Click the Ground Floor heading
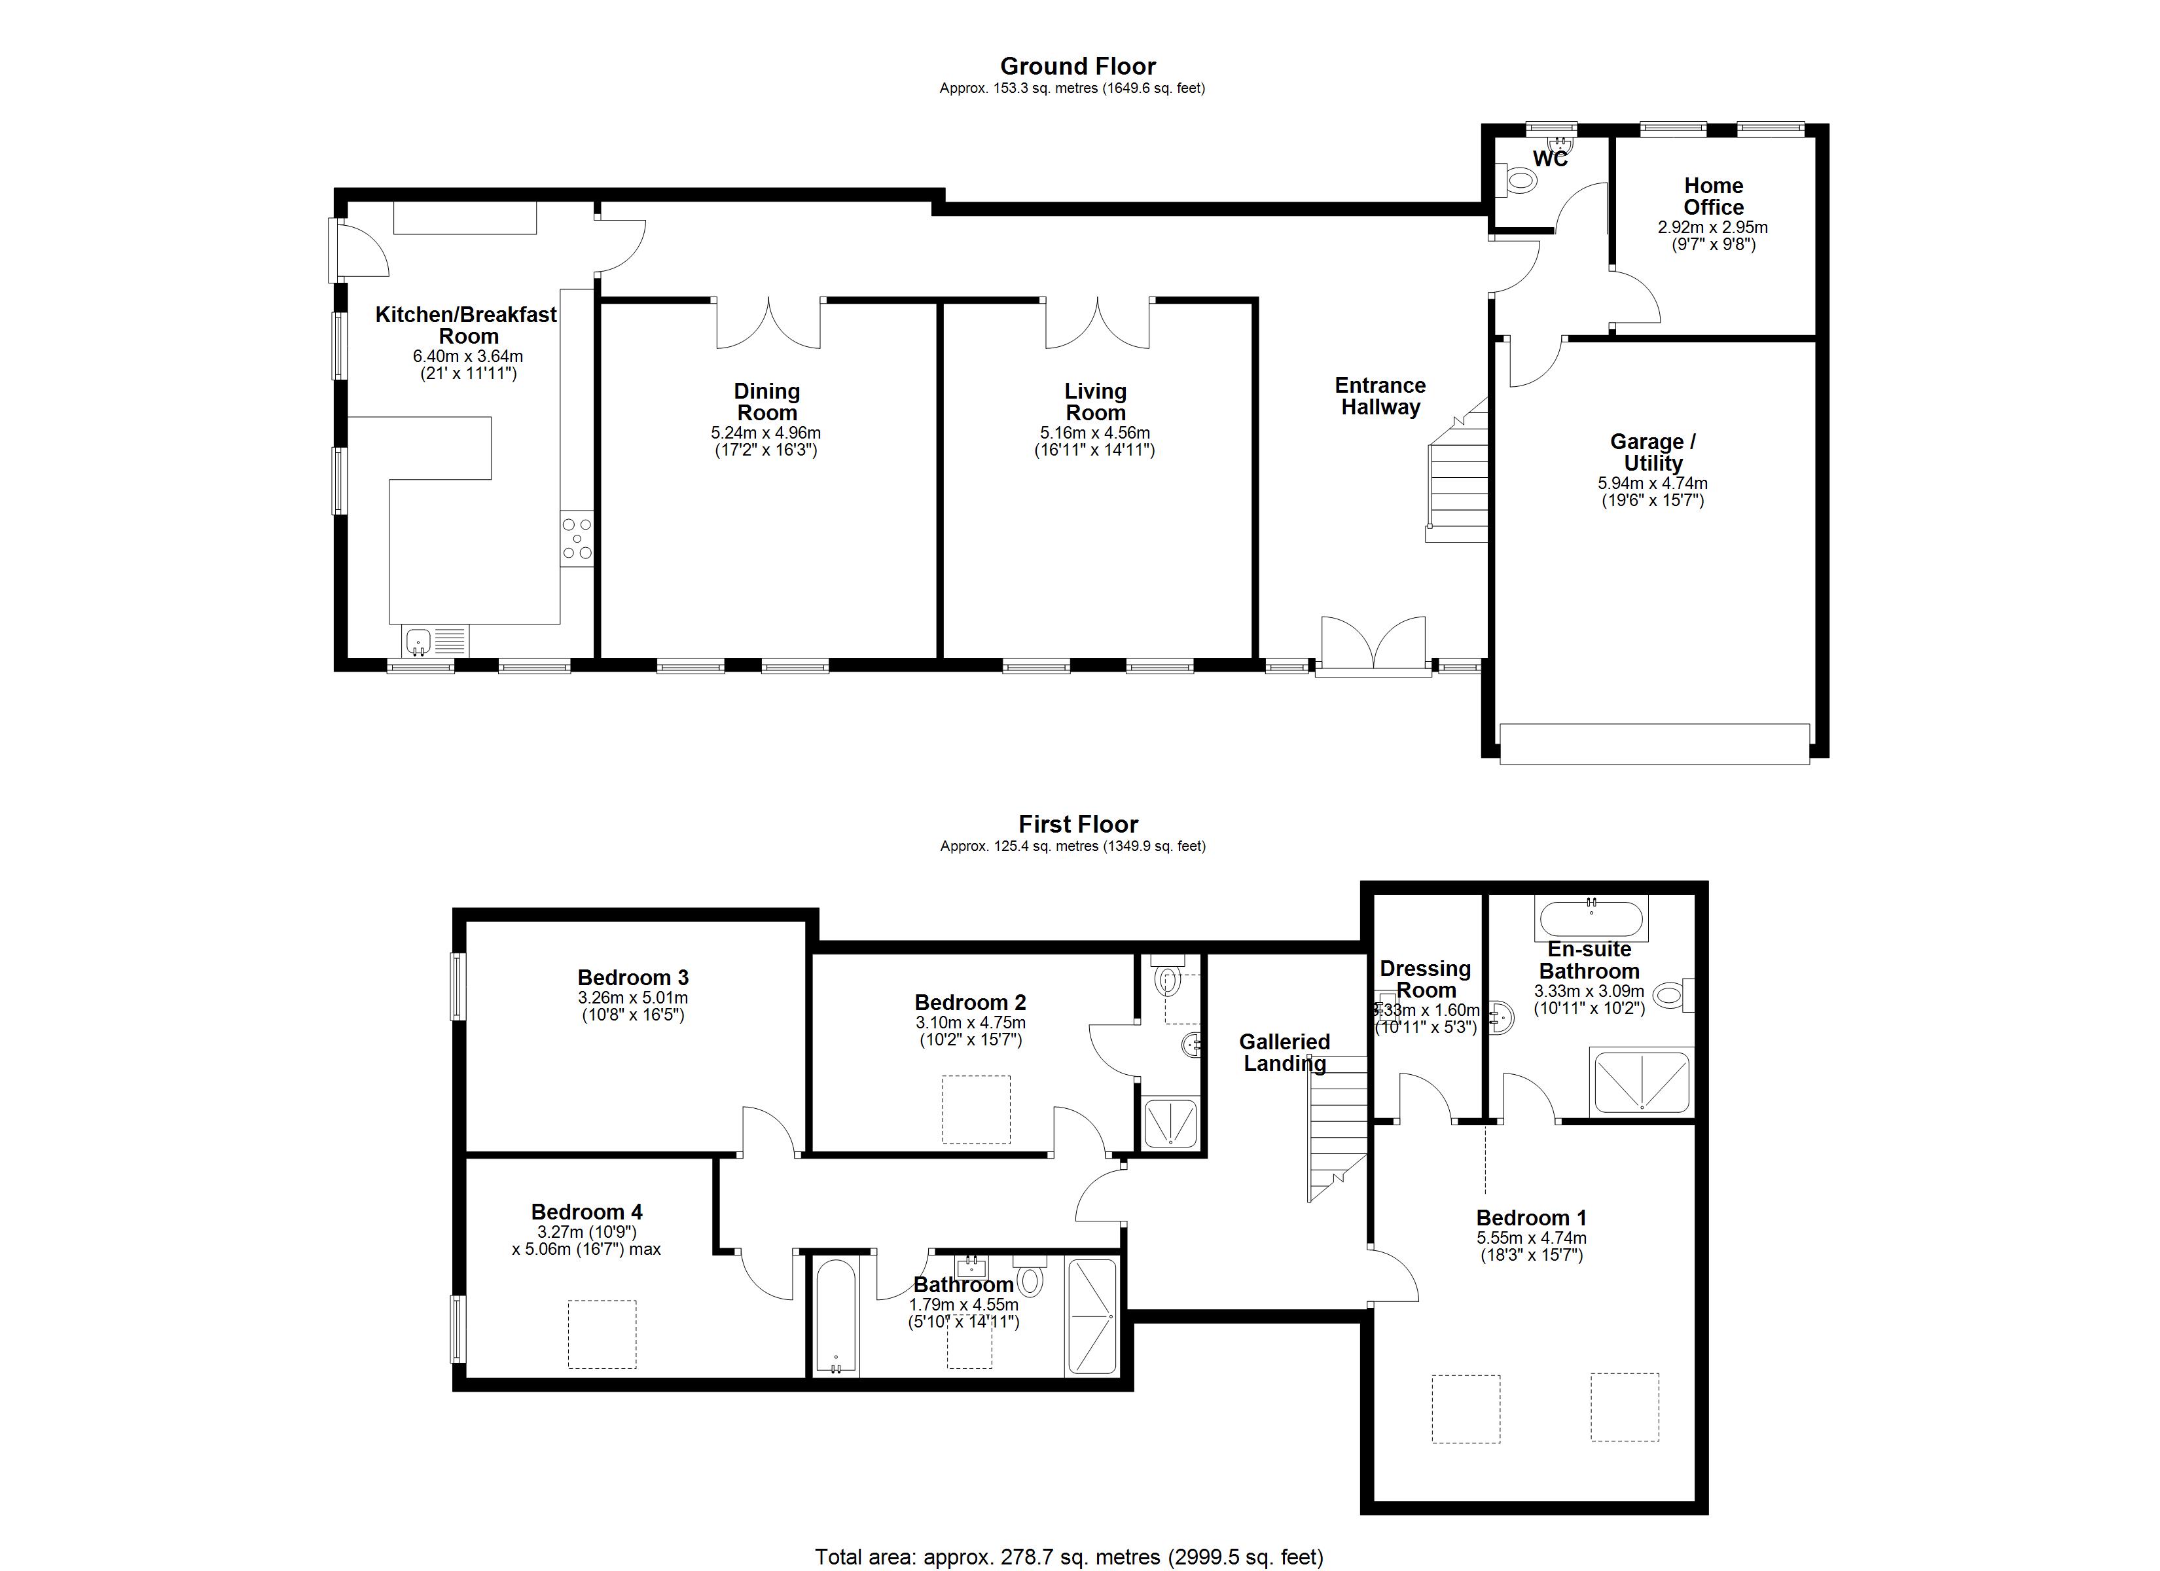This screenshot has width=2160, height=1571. (x=1077, y=67)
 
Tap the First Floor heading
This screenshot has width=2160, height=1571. (x=1078, y=824)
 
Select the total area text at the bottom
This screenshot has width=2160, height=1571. (x=1069, y=1557)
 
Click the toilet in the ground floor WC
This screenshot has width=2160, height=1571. (x=1517, y=180)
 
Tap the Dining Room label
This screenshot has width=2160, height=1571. (x=766, y=402)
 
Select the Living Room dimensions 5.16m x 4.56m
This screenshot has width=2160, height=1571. (x=1095, y=433)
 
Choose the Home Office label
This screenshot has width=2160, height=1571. (x=1714, y=196)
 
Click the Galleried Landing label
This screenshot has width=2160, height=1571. (x=1285, y=1053)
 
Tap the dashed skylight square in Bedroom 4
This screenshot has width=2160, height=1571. (x=602, y=1334)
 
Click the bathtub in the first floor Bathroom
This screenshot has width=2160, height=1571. (x=837, y=1318)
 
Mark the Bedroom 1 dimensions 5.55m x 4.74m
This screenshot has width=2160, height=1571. (x=1532, y=1238)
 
